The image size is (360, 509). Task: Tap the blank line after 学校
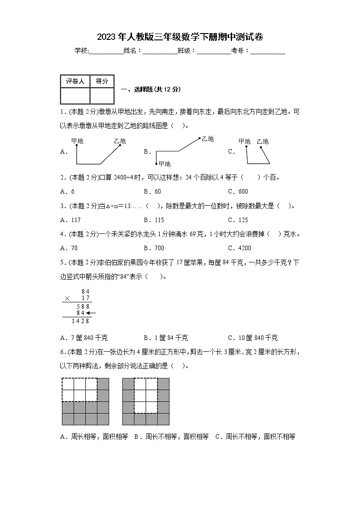pyautogui.click(x=107, y=51)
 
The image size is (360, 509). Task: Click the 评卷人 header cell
pyautogui.click(x=75, y=81)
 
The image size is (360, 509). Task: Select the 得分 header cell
pyautogui.click(x=102, y=81)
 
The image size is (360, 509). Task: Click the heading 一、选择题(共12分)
pyautogui.click(x=151, y=89)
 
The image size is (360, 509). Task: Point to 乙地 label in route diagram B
pyautogui.click(x=207, y=139)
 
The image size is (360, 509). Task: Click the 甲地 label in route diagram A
pyautogui.click(x=77, y=141)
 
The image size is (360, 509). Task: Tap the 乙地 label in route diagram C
pyautogui.click(x=263, y=141)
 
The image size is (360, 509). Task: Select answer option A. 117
pyautogui.click(x=70, y=220)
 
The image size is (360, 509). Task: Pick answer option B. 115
pyautogui.click(x=154, y=220)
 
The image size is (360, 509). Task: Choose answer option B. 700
pyautogui.click(x=154, y=248)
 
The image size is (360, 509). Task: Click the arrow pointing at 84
pyautogui.click(x=91, y=313)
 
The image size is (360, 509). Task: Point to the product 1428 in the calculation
pyautogui.click(x=81, y=320)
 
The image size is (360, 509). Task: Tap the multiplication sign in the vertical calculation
pyautogui.click(x=68, y=299)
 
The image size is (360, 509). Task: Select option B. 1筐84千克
pyautogui.click(x=166, y=338)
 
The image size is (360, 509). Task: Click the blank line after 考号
pyautogui.click(x=268, y=51)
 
